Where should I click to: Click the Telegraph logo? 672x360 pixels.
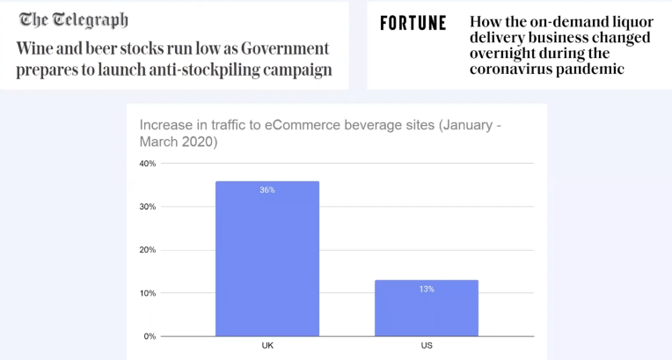click(x=73, y=19)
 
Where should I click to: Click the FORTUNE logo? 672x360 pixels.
click(x=413, y=23)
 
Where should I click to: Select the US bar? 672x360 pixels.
click(x=427, y=307)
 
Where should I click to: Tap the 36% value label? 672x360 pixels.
click(x=267, y=190)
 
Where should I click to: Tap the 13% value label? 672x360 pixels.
click(x=427, y=289)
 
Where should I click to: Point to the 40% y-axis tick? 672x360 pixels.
click(x=148, y=164)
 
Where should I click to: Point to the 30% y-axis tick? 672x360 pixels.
click(x=148, y=207)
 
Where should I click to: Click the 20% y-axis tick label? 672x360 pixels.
click(x=148, y=250)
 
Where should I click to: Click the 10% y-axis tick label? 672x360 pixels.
click(x=148, y=293)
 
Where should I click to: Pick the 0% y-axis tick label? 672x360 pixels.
click(x=150, y=336)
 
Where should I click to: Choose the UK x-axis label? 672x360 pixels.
click(x=267, y=345)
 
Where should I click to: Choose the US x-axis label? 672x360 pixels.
click(x=427, y=345)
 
